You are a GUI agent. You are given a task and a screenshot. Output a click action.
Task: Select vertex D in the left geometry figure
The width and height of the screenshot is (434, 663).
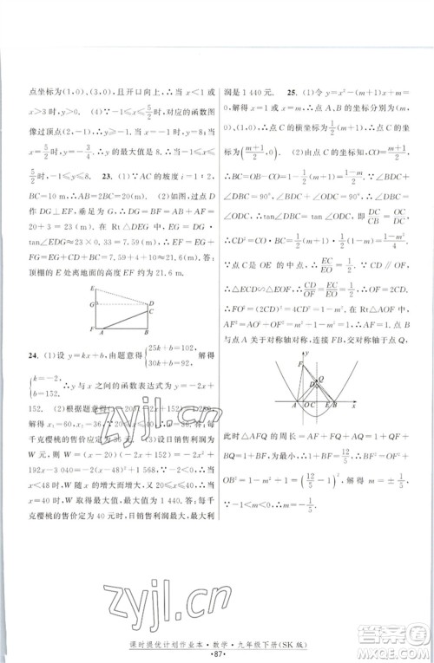pos(153,302)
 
